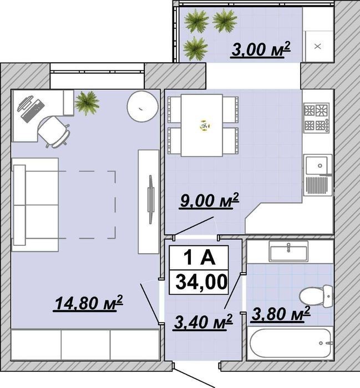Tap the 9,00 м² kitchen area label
click(x=209, y=200)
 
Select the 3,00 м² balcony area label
click(x=260, y=49)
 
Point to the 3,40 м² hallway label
click(x=203, y=322)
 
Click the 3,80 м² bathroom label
click(x=280, y=314)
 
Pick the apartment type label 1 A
click(x=199, y=258)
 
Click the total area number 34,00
click(x=201, y=282)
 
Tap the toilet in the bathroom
click(x=316, y=296)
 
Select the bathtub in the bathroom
click(x=290, y=343)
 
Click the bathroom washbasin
click(x=288, y=251)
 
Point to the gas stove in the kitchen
click(x=317, y=118)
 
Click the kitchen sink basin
click(x=317, y=165)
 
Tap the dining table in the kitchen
click(x=202, y=125)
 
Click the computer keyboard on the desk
click(x=33, y=111)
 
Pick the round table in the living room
click(x=143, y=107)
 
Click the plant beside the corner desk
click(x=87, y=103)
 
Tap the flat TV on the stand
click(x=150, y=199)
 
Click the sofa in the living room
click(x=35, y=205)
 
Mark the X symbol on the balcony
click(x=318, y=46)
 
